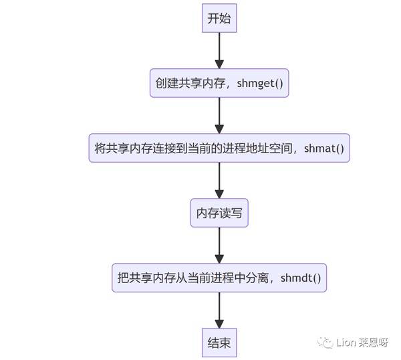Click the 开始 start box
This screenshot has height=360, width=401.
point(219,18)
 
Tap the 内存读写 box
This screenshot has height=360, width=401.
point(219,213)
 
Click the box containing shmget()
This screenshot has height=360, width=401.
point(219,83)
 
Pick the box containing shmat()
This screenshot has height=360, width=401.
point(219,148)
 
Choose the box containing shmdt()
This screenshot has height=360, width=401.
point(219,277)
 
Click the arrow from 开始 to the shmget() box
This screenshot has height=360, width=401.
point(219,50)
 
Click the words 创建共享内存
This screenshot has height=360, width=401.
point(186,84)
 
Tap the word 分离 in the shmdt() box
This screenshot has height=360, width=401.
point(257,278)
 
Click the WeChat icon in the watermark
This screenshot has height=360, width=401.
point(327,343)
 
